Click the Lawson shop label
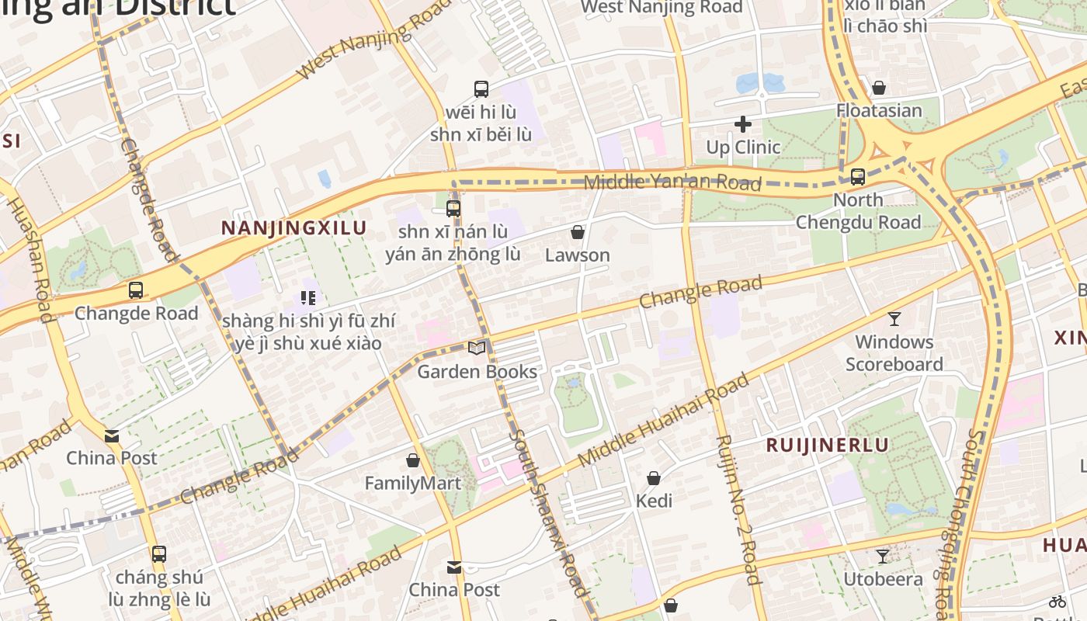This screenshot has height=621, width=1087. [x=577, y=255]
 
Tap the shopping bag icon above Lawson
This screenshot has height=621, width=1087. [x=577, y=232]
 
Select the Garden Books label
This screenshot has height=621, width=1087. [x=477, y=371]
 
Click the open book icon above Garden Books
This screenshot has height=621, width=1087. [x=477, y=349]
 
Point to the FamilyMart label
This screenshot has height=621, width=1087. [x=412, y=483]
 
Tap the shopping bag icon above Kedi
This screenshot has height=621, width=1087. [x=654, y=478]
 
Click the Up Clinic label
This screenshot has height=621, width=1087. [x=742, y=147]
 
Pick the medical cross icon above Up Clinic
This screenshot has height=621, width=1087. [x=743, y=124]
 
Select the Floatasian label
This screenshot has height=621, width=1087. [x=879, y=110]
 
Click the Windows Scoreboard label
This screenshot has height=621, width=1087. [x=894, y=353]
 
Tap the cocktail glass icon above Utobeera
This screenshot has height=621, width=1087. [x=883, y=557]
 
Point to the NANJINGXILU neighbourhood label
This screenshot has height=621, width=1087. [x=293, y=228]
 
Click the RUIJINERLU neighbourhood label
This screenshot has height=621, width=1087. [x=827, y=445]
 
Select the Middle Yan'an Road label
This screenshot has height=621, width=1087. [x=672, y=183]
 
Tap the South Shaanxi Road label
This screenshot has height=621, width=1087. [x=547, y=512]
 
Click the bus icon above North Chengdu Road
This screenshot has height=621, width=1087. [x=857, y=177]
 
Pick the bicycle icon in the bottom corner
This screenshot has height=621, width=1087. [x=1057, y=601]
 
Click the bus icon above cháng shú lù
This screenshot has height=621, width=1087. [x=159, y=554]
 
